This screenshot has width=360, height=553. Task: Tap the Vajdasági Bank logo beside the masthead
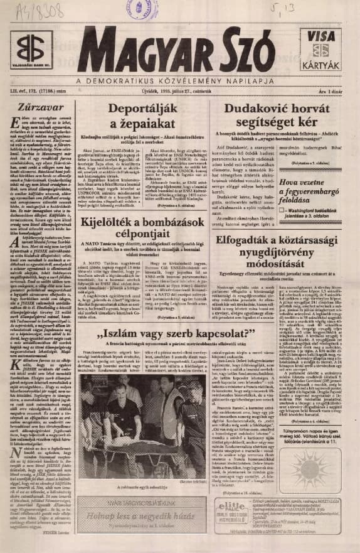tap(31, 48)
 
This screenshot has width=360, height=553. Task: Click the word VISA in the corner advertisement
tap(322, 36)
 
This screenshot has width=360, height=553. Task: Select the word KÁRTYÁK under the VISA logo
tap(322, 65)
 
